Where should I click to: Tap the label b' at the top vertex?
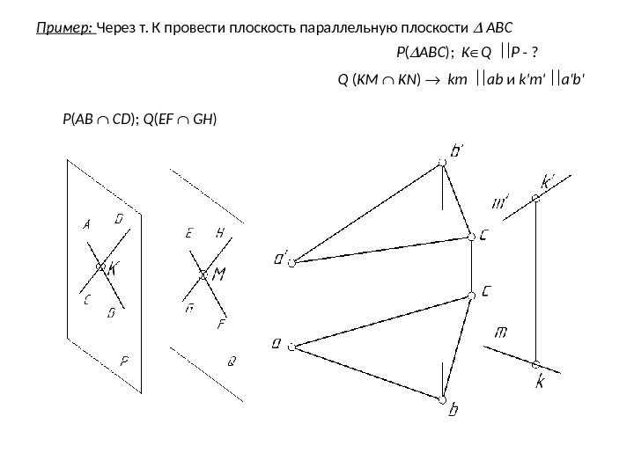pos(459,152)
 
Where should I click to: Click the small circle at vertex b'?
pos(442,163)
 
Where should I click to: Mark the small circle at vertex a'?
pos(297,260)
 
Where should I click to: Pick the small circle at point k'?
pos(535,199)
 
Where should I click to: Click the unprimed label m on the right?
pos(502,332)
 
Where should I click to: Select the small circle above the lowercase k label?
pos(535,364)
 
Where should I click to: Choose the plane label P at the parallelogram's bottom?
pos(125,360)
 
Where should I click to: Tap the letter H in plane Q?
pos(220,233)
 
